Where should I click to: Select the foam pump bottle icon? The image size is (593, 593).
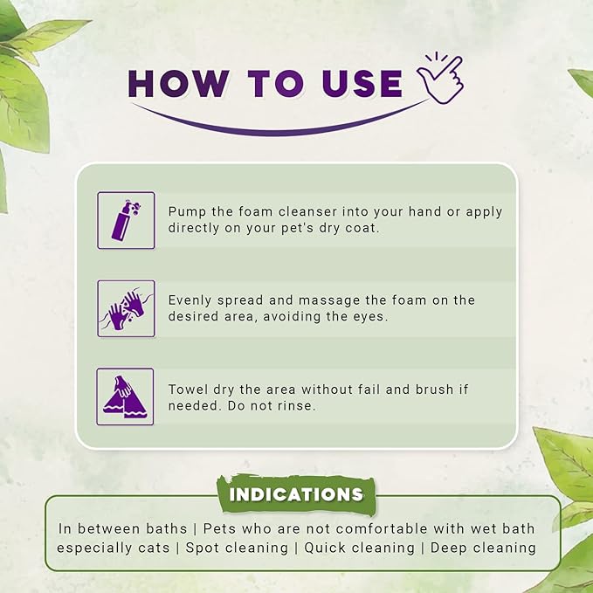(x=126, y=220)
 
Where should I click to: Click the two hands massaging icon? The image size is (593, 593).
(x=126, y=308)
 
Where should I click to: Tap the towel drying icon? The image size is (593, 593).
(x=126, y=397)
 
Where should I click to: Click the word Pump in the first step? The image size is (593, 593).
(x=188, y=212)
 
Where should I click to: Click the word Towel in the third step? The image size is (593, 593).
(x=190, y=389)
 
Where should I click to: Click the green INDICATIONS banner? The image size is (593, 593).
(x=296, y=495)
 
